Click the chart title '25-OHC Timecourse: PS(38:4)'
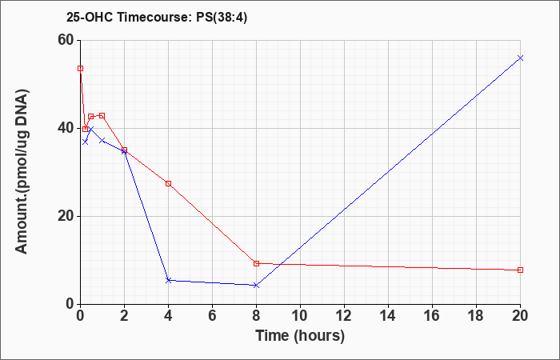(x=157, y=18)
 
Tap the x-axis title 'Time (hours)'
(x=300, y=336)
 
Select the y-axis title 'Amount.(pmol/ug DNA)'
(x=22, y=171)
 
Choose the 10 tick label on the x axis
(x=300, y=316)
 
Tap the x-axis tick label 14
(x=388, y=316)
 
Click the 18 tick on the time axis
(x=476, y=316)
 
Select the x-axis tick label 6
(x=212, y=316)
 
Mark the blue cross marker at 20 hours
(x=520, y=58)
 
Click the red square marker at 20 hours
(x=520, y=270)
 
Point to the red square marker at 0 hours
(x=80, y=69)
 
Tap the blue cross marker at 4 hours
(x=169, y=280)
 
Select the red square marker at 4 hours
(x=169, y=183)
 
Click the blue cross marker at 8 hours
(x=256, y=286)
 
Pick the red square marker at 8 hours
(x=256, y=263)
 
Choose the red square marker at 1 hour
(x=102, y=116)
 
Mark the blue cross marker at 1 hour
(x=102, y=140)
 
